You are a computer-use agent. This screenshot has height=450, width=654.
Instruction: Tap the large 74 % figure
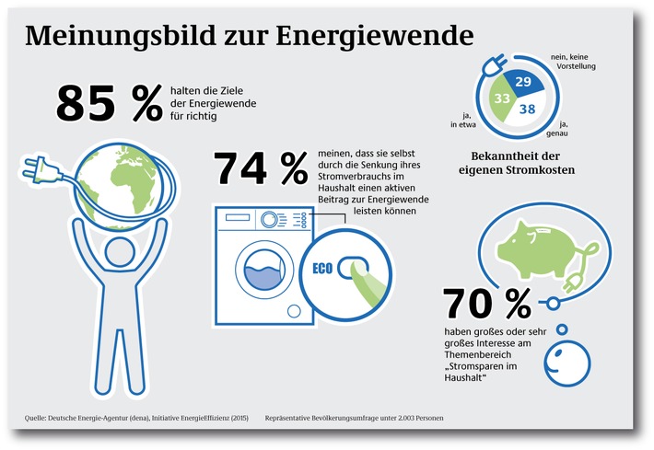[260, 167]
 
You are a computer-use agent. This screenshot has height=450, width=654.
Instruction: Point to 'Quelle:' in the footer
[38, 419]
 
